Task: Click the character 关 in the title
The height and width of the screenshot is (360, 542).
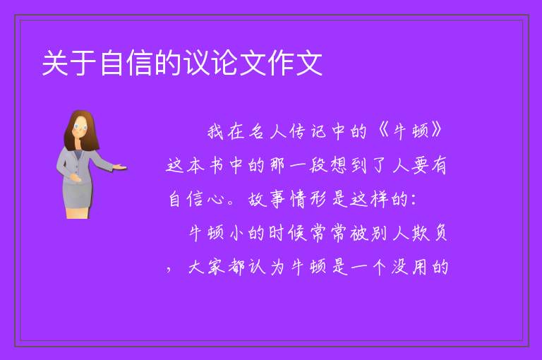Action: (55, 63)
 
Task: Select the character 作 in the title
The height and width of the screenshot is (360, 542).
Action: (281, 63)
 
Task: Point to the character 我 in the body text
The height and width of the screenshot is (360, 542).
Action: (215, 132)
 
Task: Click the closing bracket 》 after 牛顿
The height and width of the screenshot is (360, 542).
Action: (437, 131)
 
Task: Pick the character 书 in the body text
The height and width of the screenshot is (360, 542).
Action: (217, 165)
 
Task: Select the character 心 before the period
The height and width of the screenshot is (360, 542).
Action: (215, 200)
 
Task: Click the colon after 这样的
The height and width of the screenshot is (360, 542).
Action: (414, 200)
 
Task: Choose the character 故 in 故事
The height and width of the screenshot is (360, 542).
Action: (257, 200)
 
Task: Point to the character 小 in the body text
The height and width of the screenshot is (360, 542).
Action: (237, 234)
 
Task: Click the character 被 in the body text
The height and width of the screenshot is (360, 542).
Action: (358, 234)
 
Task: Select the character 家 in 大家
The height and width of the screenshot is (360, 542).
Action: (217, 268)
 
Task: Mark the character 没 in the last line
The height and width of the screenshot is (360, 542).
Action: (400, 268)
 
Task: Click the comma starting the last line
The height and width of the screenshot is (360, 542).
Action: (169, 270)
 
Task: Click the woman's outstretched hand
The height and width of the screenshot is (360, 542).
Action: (119, 167)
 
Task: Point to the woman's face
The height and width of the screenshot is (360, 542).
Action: (80, 126)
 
